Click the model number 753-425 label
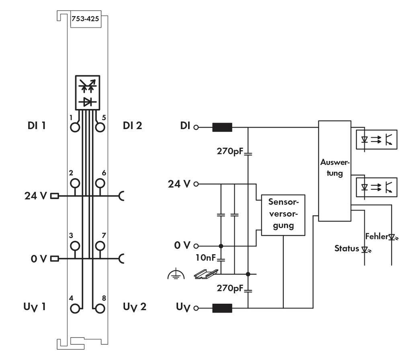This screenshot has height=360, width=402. [x=85, y=19]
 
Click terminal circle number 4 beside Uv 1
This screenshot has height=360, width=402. [x=75, y=309]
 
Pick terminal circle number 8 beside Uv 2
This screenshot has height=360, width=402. [x=100, y=309]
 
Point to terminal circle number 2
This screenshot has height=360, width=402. [x=75, y=183]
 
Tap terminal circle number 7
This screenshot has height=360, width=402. [x=100, y=245]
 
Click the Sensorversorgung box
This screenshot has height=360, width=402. [x=283, y=215]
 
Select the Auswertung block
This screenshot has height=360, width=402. [x=334, y=171]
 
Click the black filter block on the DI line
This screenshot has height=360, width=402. [x=222, y=128]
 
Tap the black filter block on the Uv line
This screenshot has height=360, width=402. [x=222, y=309]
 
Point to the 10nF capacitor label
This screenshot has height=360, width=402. [x=205, y=258]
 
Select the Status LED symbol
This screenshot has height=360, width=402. [x=365, y=250]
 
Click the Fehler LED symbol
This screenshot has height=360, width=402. [x=392, y=237]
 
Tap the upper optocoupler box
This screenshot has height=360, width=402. [x=375, y=140]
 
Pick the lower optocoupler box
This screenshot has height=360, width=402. [x=375, y=186]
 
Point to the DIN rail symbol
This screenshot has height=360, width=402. [x=206, y=274]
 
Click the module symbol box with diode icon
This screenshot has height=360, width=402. [x=87, y=92]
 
